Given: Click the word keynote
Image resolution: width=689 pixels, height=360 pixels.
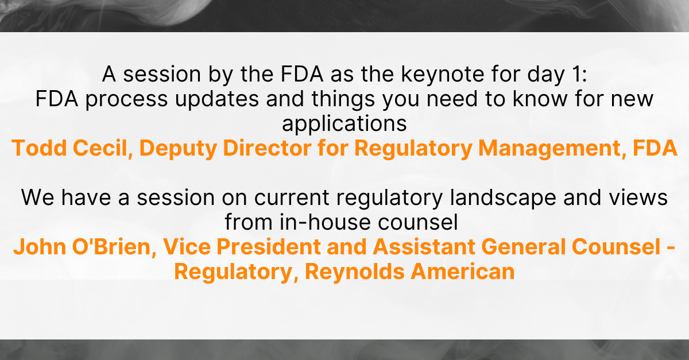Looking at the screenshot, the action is coord(442,75).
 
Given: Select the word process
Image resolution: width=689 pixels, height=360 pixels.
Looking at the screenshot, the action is coord(126,100).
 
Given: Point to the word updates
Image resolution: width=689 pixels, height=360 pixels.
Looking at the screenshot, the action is coord(217,100).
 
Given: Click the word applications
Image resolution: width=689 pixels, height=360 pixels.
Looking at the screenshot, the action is coord(344,123).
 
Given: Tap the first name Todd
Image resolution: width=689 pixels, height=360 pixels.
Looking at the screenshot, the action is coord(39,148).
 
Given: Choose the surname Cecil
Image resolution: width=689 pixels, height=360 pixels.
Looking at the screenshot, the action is coord(103,148).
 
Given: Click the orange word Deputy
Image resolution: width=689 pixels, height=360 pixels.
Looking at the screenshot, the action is coord(179,149).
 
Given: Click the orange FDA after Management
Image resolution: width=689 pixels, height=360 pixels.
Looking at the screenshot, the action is coord(655,148).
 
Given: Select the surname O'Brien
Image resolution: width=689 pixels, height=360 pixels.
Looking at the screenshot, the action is coord(114,247).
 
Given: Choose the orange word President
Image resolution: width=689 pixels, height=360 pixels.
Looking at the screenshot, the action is coord(268,247).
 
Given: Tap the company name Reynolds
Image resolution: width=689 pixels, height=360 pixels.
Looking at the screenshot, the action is coord(355,272).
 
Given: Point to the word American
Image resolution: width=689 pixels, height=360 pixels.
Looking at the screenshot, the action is coord(463,272).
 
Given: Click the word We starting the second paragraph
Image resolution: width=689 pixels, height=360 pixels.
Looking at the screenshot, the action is coord(38,198).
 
